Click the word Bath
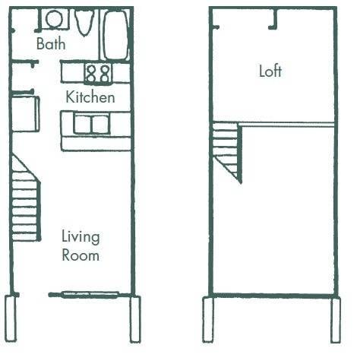pyautogui.click(x=51, y=44)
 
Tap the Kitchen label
pyautogui.click(x=90, y=97)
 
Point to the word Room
pyautogui.click(x=81, y=255)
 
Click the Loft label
pyautogui.click(x=270, y=71)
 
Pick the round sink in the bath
pyautogui.click(x=54, y=18)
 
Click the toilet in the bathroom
pyautogui.click(x=84, y=23)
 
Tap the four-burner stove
pyautogui.click(x=97, y=73)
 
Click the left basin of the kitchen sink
pyautogui.click(x=82, y=124)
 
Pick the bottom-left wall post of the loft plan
pyautogui.click(x=207, y=319)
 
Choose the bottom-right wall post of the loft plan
pyautogui.click(x=335, y=319)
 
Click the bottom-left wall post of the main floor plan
pyautogui.click(x=11, y=318)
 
